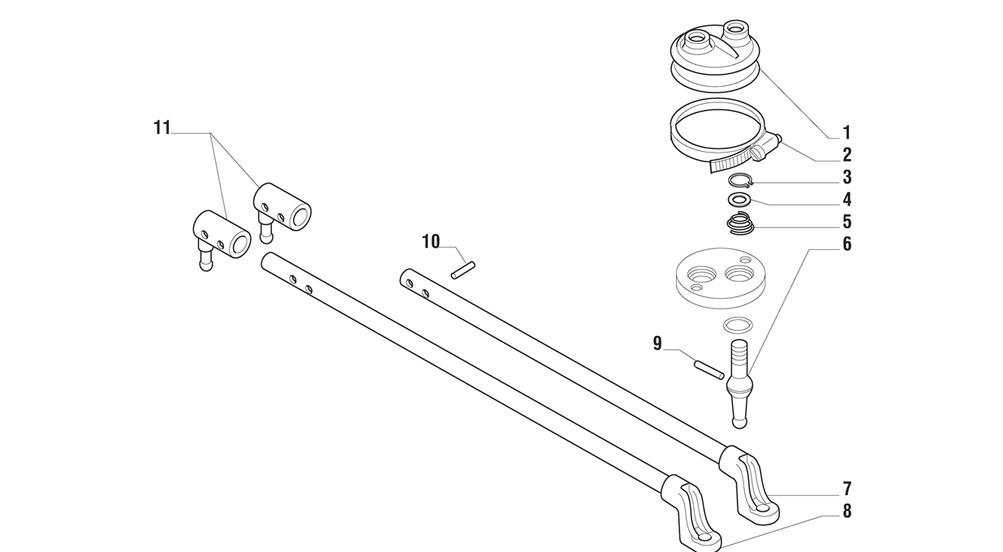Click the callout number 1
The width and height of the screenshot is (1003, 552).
pos(846,132)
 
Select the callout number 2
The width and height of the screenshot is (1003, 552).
pos(846,155)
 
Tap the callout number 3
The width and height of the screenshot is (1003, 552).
pos(846,177)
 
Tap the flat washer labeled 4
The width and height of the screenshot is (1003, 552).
pos(738,200)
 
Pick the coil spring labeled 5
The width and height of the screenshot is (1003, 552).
pos(739,222)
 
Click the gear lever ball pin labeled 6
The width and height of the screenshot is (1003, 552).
pos(738,382)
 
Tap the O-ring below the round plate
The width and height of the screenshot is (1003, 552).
pos(738,326)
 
